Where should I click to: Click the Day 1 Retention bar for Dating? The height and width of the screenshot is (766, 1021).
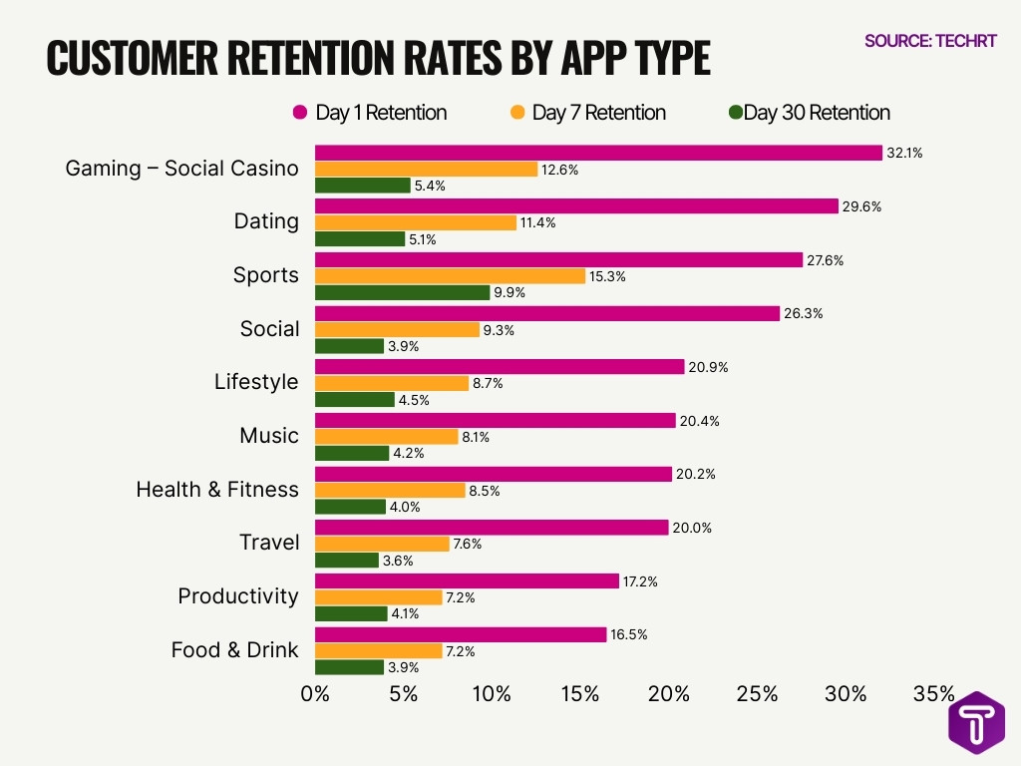(576, 206)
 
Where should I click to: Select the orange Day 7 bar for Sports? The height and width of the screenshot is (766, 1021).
(450, 276)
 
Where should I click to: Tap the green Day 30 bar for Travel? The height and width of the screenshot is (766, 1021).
(347, 561)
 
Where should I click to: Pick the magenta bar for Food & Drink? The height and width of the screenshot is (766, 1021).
(461, 634)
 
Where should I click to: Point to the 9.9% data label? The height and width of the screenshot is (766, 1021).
(510, 293)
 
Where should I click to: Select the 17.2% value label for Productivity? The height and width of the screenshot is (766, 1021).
(640, 581)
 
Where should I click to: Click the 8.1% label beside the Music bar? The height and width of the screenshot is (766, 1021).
(479, 437)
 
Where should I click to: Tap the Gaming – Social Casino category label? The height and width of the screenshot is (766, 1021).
(181, 169)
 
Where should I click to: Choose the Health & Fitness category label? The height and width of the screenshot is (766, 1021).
(216, 490)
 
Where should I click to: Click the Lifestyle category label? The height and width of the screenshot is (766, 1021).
(255, 382)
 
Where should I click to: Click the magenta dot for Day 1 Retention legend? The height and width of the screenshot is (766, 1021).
(298, 113)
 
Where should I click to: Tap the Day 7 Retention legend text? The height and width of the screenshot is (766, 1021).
(598, 113)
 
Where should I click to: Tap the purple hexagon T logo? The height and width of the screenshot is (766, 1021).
(976, 722)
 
